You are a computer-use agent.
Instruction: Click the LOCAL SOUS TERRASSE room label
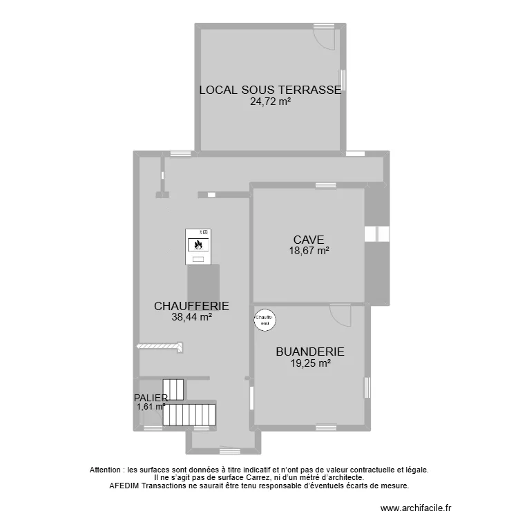point(269,90)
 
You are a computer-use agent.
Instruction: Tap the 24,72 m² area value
point(269,101)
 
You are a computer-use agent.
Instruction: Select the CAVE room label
point(308,240)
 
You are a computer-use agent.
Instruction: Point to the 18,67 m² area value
point(308,251)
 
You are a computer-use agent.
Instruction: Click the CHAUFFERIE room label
point(191,306)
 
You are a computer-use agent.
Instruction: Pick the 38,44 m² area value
point(191,318)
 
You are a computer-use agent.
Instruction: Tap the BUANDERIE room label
point(309,352)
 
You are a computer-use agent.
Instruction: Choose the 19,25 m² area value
point(309,363)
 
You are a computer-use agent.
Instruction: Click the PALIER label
point(151,398)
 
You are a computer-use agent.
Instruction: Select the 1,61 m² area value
point(151,407)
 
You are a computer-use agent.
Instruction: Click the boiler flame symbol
point(198,244)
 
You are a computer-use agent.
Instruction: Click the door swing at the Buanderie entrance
point(340,315)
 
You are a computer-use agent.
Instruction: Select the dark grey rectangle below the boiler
point(204,282)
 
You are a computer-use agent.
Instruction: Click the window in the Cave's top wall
point(323,185)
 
